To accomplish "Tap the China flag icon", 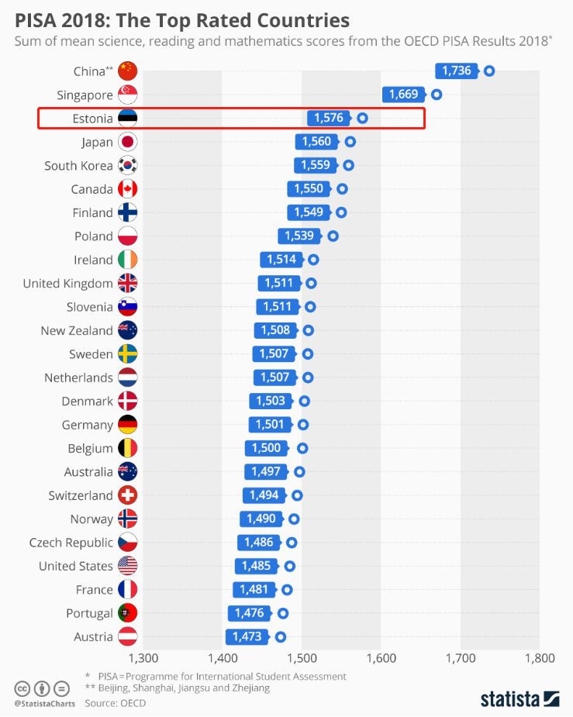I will (x=127, y=71).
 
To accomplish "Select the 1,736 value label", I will (x=457, y=71).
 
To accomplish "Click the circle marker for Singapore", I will (x=437, y=95).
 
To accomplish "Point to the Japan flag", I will (x=127, y=142).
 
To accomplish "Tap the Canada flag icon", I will (x=127, y=189).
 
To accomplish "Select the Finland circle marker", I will (x=341, y=212).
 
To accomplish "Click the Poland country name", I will (x=93, y=236).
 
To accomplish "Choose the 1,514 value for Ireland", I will (x=282, y=260).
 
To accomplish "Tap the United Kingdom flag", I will (x=127, y=283).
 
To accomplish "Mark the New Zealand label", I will (x=77, y=331).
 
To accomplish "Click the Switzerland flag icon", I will (x=127, y=495).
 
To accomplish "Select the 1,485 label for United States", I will (x=256, y=566).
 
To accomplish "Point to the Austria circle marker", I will (x=281, y=637).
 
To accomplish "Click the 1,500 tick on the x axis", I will (x=302, y=659).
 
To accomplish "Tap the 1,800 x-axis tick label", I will (x=539, y=659).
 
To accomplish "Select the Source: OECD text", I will (x=115, y=703).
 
